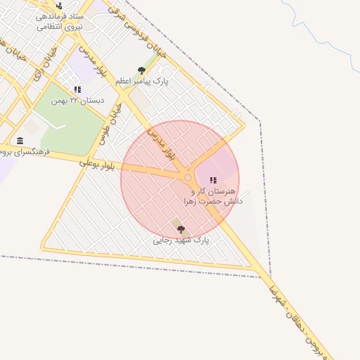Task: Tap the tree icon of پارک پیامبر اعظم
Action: tap(141, 70)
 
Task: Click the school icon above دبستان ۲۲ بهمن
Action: tap(77, 90)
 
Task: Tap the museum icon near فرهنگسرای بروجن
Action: tap(19, 141)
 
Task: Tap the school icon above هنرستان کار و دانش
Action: tap(213, 181)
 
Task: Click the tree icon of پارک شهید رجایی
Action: tap(181, 229)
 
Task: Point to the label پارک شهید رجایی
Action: tap(181, 240)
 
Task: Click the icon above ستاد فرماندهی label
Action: tap(58, 5)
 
